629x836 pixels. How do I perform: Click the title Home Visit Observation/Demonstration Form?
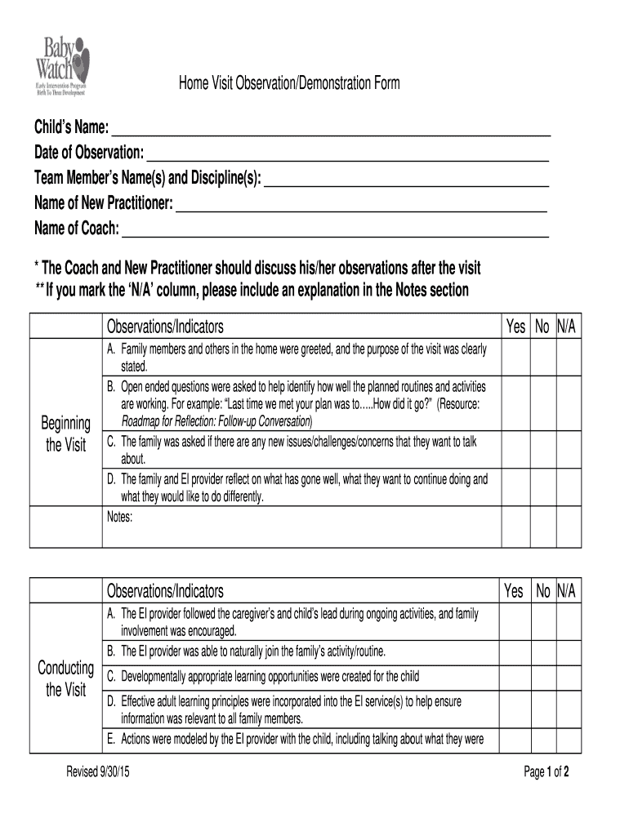(290, 83)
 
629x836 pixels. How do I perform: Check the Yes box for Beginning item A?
(515, 357)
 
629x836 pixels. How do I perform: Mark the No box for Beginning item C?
(542, 450)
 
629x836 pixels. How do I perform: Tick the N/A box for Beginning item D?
(567, 487)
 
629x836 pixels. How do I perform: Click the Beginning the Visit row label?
(65, 434)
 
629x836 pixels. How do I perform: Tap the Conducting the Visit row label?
(65, 679)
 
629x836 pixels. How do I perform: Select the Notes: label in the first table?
(119, 516)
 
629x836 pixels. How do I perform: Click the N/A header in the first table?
(567, 327)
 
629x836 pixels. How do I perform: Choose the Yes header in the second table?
(515, 591)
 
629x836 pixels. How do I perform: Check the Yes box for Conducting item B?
(515, 651)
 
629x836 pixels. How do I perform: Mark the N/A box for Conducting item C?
(567, 676)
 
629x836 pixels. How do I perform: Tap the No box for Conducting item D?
(542, 709)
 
